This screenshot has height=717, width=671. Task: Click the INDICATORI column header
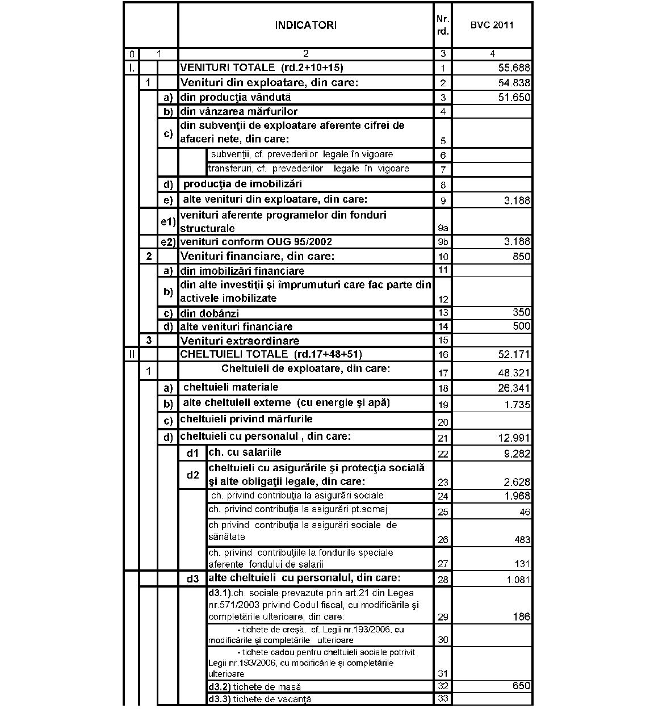pos(305,25)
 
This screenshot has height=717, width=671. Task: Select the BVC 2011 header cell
pos(492,25)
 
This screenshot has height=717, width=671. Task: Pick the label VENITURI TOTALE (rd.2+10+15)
pos(262,68)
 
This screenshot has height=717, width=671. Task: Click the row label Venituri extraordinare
pos(240,341)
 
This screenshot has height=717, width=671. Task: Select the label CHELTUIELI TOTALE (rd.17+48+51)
pos(271,354)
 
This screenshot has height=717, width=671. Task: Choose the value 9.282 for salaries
pos(517,454)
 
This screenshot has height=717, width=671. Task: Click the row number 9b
pos(443,242)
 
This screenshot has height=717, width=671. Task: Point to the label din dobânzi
pos(209,313)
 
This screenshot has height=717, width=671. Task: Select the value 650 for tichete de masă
pos(521,686)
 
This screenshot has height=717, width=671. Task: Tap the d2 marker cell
pos(193,475)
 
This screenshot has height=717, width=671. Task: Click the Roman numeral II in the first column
pos(132,355)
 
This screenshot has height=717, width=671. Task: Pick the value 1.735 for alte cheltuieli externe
pos(517,405)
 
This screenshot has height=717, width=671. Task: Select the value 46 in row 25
pos(525,512)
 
